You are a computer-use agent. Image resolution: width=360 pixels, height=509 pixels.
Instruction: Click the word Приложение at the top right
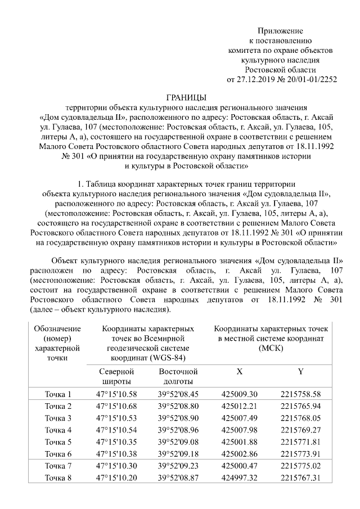280,30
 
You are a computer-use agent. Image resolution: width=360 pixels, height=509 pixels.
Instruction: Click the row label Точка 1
58,394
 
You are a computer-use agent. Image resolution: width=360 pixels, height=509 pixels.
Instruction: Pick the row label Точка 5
58,442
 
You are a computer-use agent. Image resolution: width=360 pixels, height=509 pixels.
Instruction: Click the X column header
240,372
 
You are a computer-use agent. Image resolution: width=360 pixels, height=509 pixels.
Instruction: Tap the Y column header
300,372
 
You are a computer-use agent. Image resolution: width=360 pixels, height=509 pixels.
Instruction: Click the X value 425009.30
240,394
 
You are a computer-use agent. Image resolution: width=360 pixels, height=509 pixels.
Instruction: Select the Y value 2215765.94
300,406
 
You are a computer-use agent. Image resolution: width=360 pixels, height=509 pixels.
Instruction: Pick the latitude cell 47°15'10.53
116,418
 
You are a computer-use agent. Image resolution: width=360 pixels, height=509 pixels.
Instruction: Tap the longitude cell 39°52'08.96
178,430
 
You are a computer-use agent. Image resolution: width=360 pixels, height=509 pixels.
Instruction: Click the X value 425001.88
240,442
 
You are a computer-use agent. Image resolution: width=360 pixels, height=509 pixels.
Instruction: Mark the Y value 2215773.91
300,453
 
